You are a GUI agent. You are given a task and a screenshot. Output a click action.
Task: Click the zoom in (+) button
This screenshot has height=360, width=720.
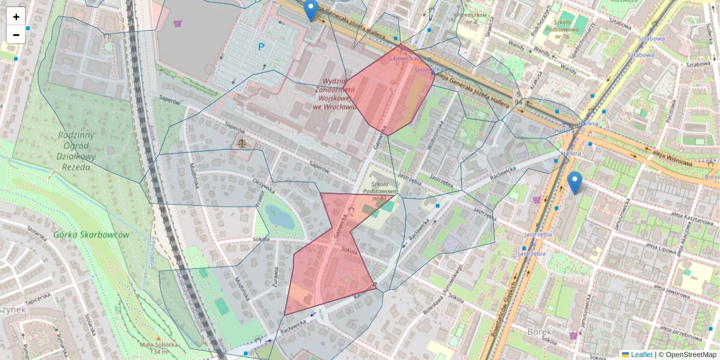(16, 17)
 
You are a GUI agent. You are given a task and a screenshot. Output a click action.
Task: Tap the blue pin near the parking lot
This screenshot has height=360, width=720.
(310, 11)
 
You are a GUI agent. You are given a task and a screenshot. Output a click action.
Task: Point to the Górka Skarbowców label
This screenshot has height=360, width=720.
(91, 235)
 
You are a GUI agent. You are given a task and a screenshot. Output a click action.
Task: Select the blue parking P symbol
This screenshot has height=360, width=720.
(261, 46)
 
